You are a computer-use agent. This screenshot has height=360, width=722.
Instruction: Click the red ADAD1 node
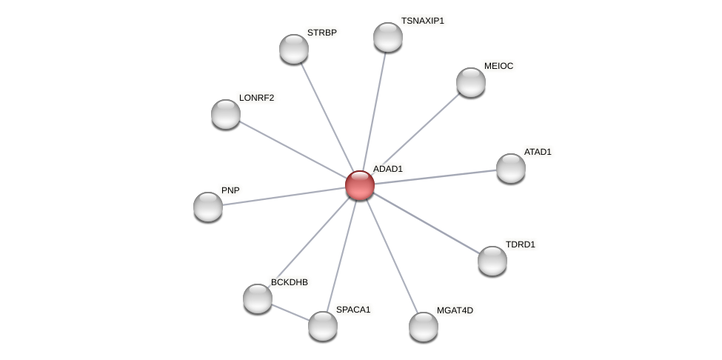click(x=360, y=185)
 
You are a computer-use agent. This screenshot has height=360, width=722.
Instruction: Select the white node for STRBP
click(x=294, y=49)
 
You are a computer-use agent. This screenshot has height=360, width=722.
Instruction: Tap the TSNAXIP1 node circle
click(x=388, y=37)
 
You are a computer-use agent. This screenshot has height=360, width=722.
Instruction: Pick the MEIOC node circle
click(x=471, y=82)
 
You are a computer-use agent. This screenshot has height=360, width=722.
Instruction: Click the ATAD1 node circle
click(x=511, y=168)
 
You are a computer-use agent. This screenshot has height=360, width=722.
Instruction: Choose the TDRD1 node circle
click(x=492, y=261)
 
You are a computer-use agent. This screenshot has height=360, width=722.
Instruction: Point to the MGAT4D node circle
click(x=424, y=327)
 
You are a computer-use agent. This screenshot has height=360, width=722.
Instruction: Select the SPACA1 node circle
click(x=323, y=326)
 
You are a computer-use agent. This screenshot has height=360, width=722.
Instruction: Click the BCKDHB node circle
click(x=258, y=299)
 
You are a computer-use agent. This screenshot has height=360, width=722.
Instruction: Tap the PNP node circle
click(x=208, y=207)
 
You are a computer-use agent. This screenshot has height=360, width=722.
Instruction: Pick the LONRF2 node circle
click(x=226, y=114)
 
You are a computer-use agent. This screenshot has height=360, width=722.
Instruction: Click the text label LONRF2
click(x=256, y=98)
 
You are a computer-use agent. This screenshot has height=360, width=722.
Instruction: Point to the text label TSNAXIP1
click(x=422, y=21)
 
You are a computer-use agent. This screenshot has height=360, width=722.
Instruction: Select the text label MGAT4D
click(x=454, y=310)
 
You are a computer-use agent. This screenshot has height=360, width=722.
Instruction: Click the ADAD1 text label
click(x=387, y=169)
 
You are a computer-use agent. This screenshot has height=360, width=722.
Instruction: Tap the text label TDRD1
click(x=520, y=244)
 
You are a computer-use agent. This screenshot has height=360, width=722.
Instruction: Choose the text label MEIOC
click(x=498, y=66)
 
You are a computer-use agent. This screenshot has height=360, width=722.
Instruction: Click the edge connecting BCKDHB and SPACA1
click(x=290, y=312)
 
